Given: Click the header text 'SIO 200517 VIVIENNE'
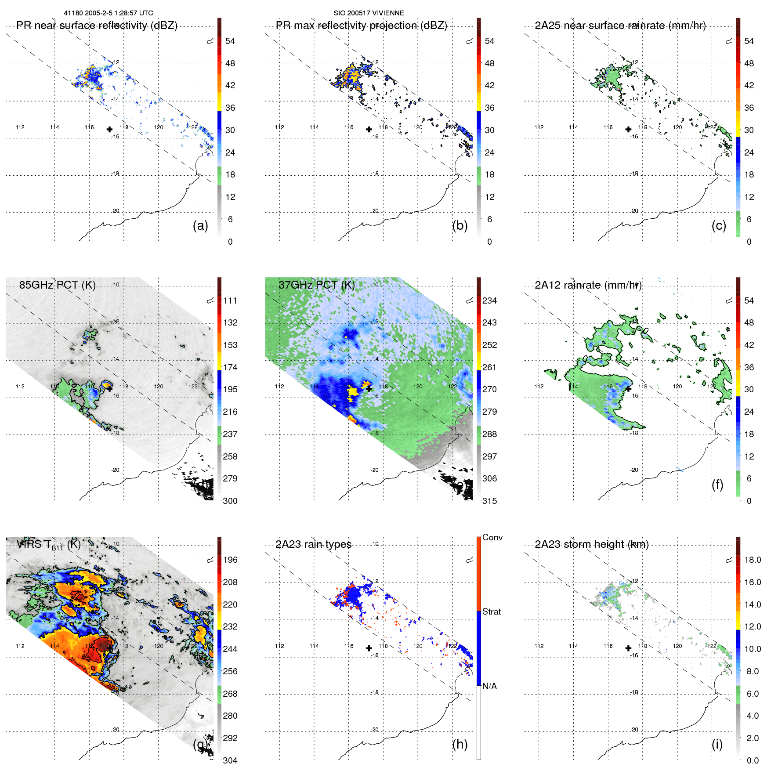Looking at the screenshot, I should [369, 13].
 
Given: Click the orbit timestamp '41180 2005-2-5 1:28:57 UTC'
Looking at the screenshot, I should [109, 13].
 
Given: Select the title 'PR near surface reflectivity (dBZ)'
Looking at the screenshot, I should [97, 25].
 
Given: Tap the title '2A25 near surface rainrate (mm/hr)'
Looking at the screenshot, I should [620, 25].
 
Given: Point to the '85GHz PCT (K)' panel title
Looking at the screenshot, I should [57, 285].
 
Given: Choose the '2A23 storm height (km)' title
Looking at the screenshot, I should [591, 544].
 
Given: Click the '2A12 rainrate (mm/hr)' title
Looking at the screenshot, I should [588, 285].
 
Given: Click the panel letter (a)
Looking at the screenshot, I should [200, 225].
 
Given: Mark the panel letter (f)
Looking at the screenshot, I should [717, 485].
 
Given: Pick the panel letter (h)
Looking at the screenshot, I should [460, 744].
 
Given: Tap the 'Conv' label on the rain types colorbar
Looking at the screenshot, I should [492, 538].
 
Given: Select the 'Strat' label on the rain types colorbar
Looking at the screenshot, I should [491, 612].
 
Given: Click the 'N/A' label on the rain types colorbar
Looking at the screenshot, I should [489, 686].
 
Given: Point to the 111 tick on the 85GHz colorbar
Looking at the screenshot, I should [230, 301].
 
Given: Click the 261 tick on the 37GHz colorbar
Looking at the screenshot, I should [489, 368].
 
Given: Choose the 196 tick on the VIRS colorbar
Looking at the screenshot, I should [230, 560].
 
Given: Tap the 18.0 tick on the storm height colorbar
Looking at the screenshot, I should [753, 560].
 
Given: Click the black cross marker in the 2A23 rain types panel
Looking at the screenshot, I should [369, 648].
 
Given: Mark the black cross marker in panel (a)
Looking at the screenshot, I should [109, 130].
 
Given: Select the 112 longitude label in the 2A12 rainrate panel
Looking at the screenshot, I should [539, 387].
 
